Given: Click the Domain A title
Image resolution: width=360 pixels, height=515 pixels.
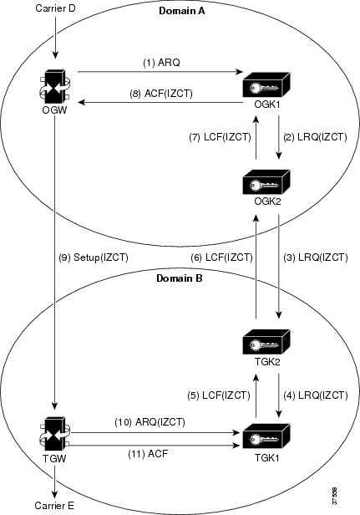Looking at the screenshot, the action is tap(182, 11).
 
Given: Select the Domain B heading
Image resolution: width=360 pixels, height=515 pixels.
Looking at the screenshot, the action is tap(180, 278).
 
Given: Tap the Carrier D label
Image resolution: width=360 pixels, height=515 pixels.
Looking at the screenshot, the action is tap(55, 8).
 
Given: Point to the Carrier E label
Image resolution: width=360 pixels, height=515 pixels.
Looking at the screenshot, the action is tap(54, 506).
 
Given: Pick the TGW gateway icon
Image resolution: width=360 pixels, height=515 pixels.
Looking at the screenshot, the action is tap(54, 434).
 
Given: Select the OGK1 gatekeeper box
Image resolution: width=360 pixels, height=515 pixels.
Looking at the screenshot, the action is tap(266, 85).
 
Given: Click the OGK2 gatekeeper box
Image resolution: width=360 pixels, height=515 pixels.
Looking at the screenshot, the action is tap(266, 182).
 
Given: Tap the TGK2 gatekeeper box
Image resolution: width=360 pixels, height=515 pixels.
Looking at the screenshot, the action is tap(266, 342).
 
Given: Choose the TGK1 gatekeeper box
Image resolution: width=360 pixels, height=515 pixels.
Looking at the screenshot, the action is tap(266, 436).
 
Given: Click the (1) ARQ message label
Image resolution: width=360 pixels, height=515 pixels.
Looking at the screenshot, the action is tap(162, 63).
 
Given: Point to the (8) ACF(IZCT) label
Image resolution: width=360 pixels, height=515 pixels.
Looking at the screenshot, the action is tap(161, 94).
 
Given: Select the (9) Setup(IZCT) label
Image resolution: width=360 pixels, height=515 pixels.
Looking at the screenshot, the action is tap(94, 257).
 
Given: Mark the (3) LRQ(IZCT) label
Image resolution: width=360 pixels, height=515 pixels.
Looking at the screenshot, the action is tap(316, 257).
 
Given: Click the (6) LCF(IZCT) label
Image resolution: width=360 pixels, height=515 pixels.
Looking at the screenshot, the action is tap(222, 257).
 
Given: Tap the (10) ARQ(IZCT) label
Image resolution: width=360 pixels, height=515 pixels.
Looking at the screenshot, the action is tap(150, 421).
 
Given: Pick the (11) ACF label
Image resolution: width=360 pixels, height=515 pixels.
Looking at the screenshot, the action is tap(148, 454).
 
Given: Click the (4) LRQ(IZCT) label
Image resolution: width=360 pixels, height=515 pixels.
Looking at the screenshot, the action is tap(316, 395).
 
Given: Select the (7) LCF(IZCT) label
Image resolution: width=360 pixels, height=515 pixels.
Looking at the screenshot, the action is tap(221, 137).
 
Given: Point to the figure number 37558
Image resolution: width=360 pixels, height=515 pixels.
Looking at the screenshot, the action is tap(334, 497).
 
